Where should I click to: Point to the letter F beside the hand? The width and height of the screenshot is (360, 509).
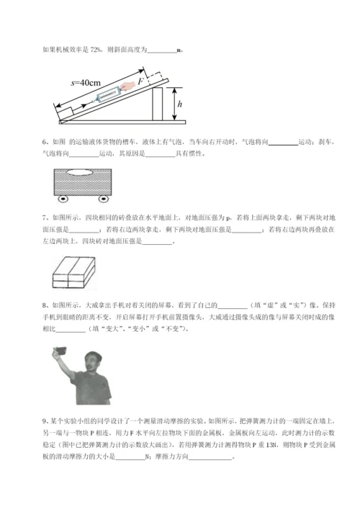141,82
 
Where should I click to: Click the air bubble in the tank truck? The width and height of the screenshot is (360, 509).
85,170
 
